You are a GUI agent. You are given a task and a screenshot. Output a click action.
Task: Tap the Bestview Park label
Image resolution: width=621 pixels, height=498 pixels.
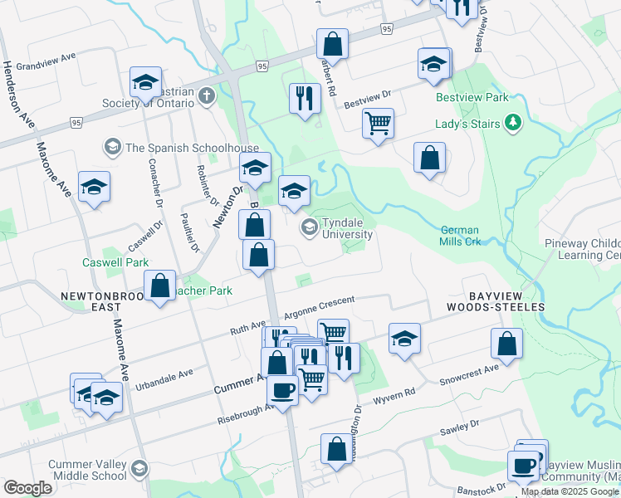(472, 97)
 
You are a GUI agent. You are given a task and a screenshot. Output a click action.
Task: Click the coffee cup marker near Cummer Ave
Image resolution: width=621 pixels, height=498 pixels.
(282, 390)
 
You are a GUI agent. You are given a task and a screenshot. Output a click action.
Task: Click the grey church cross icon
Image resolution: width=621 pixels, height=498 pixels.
(207, 96)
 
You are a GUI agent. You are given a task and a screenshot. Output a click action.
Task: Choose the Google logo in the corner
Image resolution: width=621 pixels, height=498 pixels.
(27, 488)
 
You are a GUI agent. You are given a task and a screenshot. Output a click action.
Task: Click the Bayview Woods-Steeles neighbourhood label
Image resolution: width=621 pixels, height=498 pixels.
(495, 301)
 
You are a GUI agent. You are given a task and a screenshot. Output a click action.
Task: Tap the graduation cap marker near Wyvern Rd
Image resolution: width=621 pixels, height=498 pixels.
(404, 339)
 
